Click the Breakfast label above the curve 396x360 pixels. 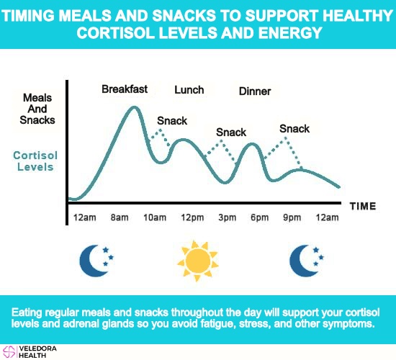[x=125, y=89]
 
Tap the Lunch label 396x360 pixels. [x=189, y=90]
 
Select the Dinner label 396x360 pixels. [x=255, y=91]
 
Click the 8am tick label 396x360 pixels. [x=120, y=217]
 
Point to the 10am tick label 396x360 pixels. [x=155, y=217]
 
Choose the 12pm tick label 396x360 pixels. [x=192, y=217]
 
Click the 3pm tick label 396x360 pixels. [x=228, y=217]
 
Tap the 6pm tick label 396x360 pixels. [x=260, y=217]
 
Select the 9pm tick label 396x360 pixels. [x=292, y=217]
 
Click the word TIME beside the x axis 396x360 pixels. [x=363, y=206]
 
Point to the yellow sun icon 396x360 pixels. [x=197, y=261]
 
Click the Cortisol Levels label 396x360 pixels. [x=35, y=161]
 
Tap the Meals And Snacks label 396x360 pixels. [x=37, y=109]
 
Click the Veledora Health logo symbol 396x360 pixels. [x=9, y=352]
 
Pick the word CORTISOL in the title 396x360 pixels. [x=115, y=33]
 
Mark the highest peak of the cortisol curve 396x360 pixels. [x=134, y=107]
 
